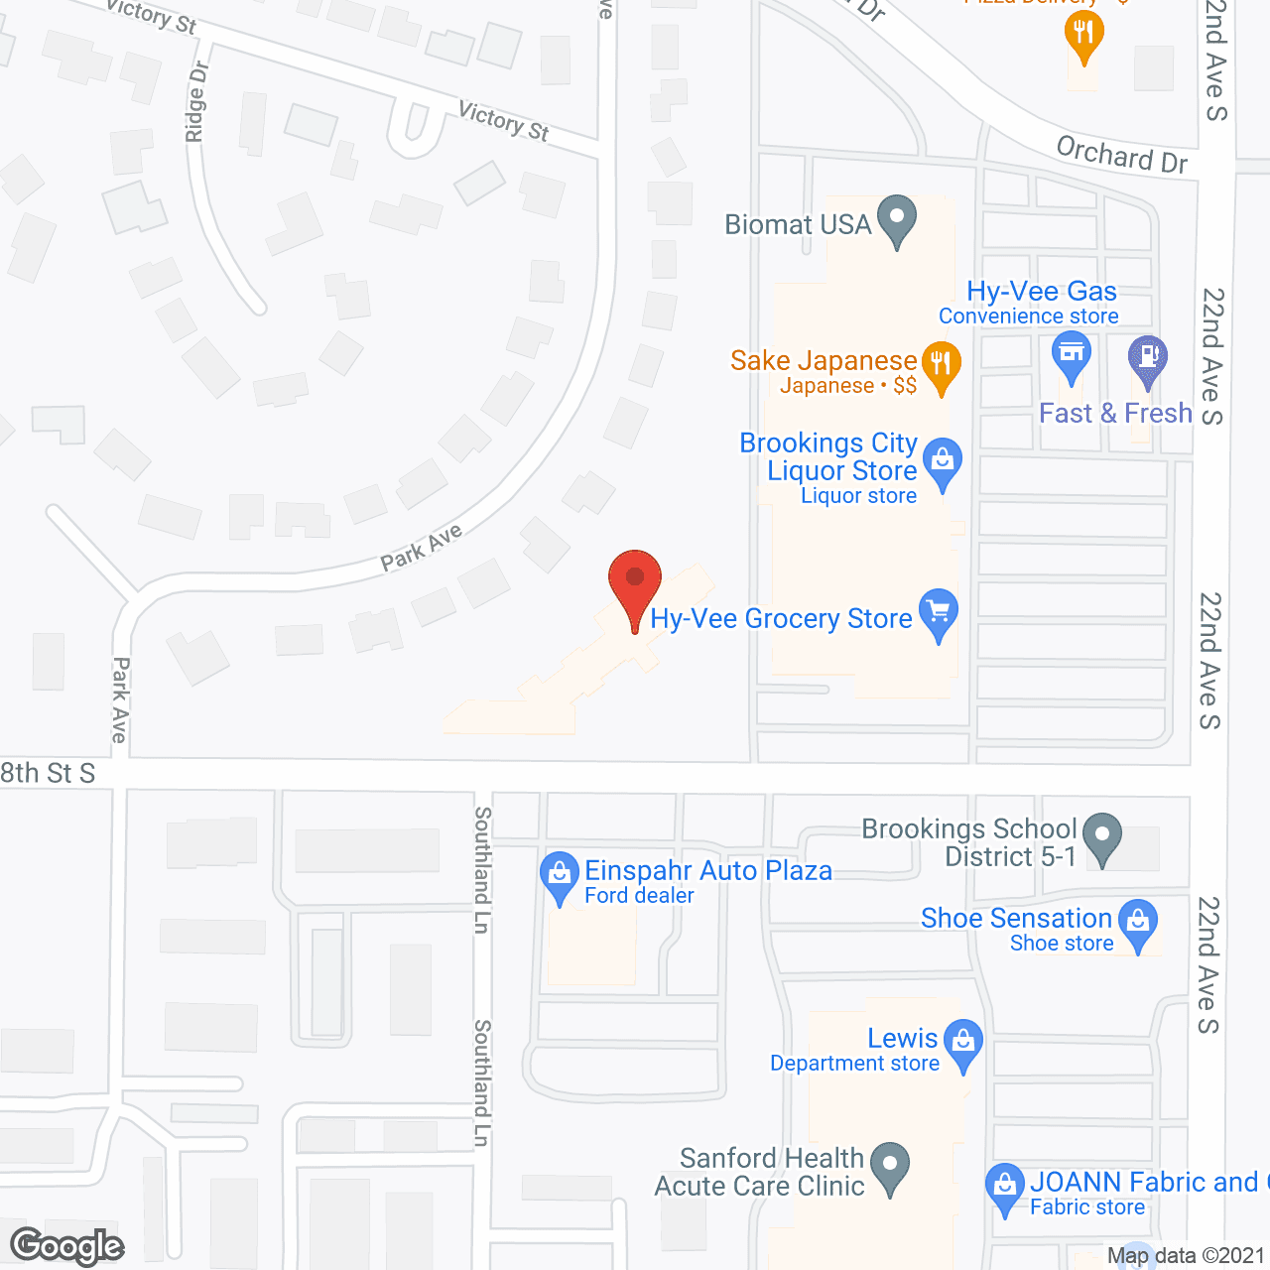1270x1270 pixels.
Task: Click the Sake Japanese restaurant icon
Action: coord(941,364)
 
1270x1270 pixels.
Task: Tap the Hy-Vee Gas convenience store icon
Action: coord(1071,354)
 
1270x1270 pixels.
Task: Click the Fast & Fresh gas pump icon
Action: coord(1148,356)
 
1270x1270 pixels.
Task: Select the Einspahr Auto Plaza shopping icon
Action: coord(560,875)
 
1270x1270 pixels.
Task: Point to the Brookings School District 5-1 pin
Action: coord(1101,835)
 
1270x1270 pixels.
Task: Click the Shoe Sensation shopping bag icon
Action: coord(1138,922)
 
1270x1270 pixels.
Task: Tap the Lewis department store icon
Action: coord(962,1042)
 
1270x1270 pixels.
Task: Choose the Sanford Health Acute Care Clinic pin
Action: coord(890,1164)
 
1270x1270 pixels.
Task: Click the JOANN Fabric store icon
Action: coord(1005,1186)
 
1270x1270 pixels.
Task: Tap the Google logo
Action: coord(67,1246)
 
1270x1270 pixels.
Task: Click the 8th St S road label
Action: coord(48,773)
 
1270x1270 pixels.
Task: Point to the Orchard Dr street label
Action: coord(1121,155)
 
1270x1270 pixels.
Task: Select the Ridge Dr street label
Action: coord(196,101)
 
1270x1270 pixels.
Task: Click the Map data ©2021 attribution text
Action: coord(1186,1256)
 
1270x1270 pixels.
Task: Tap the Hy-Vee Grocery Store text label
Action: coord(781,619)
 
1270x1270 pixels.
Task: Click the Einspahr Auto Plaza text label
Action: coord(708,870)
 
